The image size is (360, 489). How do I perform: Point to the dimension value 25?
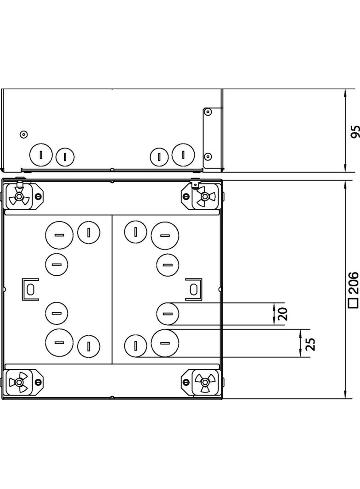pyautogui.click(x=310, y=344)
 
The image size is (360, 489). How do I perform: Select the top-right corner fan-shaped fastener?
pyautogui.click(x=205, y=197)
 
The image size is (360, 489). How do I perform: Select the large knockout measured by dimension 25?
pyautogui.click(x=165, y=343)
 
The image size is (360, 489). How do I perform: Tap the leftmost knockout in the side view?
pyautogui.click(x=41, y=155)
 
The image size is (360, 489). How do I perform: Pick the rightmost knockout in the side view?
pyautogui.click(x=183, y=154)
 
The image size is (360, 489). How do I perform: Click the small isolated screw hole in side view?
pyautogui.click(x=24, y=134)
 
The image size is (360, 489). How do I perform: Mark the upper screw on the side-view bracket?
pyautogui.click(x=208, y=112)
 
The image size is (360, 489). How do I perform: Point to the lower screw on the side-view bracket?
pyautogui.click(x=208, y=156)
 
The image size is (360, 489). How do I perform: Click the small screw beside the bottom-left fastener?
pyautogui.click(x=39, y=382)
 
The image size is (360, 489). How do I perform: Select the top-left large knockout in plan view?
pyautogui.click(x=59, y=235)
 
